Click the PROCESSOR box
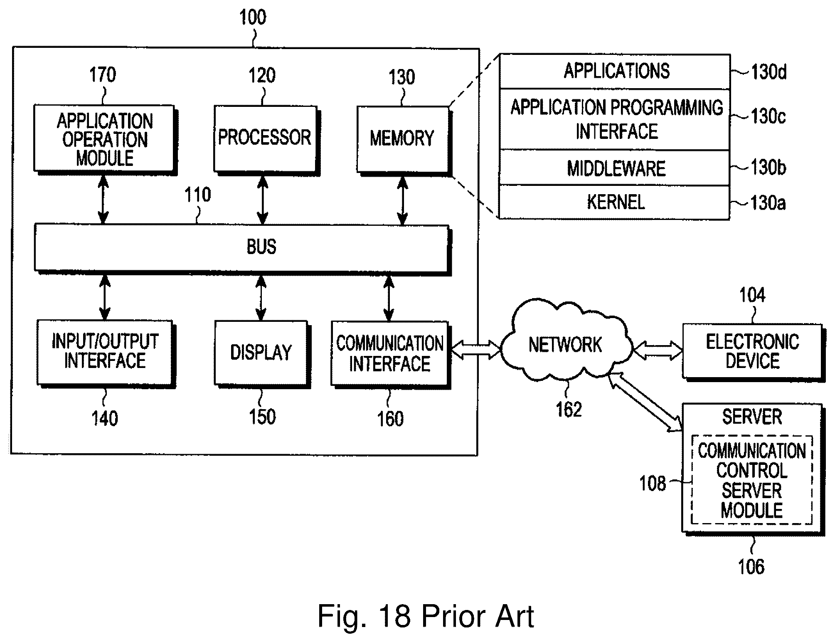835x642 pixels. point(265,138)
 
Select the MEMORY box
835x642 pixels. point(402,139)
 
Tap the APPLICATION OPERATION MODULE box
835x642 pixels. point(104,139)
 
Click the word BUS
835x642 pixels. point(261,247)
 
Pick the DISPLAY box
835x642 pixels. point(261,353)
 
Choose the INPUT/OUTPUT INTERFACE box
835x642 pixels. point(104,352)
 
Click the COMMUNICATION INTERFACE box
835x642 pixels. point(389,354)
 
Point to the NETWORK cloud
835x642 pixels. point(565,345)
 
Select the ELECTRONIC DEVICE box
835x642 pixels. point(752,351)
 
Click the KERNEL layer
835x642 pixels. point(615,202)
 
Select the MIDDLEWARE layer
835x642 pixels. point(615,168)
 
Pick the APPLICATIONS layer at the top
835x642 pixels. point(615,71)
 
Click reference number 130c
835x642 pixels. point(768,116)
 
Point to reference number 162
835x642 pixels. point(569,410)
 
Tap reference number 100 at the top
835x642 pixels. point(253,17)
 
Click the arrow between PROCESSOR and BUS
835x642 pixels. point(262,200)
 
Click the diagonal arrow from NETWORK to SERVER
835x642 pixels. point(645,402)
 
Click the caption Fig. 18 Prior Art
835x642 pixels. point(425,616)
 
